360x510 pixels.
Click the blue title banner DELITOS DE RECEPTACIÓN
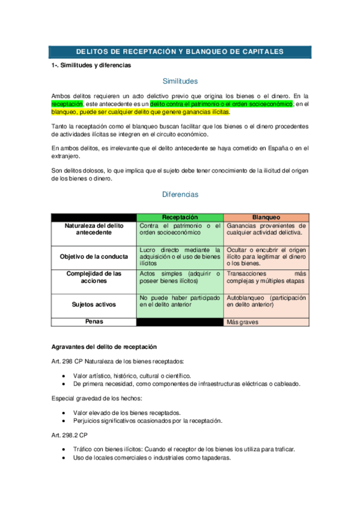point(180,52)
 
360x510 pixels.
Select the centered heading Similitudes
point(180,81)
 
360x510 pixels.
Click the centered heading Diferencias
point(180,195)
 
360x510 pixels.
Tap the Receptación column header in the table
point(180,217)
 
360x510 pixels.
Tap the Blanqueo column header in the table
point(266,217)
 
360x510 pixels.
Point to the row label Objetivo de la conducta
point(93,256)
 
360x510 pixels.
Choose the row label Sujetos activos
point(93,304)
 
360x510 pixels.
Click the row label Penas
point(93,322)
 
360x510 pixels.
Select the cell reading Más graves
point(242,322)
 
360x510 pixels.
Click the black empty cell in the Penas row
point(180,322)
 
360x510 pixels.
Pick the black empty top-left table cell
point(93,217)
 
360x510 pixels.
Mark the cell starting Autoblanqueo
point(266,301)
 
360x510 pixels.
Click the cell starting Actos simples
point(180,277)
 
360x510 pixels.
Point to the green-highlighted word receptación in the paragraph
point(67,104)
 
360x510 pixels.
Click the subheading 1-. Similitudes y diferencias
point(91,65)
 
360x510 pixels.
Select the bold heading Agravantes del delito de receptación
point(103,346)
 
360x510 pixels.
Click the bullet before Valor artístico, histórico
point(64,376)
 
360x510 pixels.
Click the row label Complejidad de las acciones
point(93,277)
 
